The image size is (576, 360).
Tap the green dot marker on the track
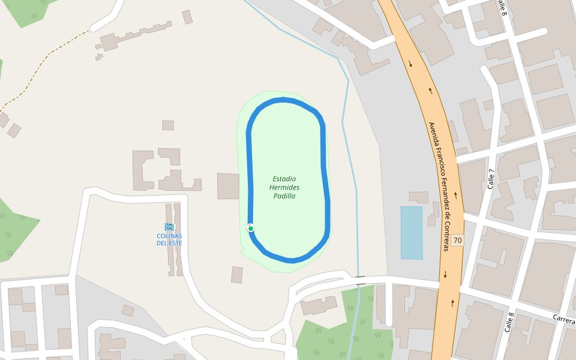coord(251,228)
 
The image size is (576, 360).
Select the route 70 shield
coord(458,240)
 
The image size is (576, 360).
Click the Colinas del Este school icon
coord(169,227)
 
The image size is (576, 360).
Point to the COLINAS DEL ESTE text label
coord(169,239)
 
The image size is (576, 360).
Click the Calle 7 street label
coord(492,179)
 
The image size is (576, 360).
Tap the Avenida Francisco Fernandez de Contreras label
coord(439,187)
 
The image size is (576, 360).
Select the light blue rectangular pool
coord(412,233)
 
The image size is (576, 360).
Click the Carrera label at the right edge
coord(564,317)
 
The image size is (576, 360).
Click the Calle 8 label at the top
coord(503,8)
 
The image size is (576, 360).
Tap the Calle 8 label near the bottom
coord(509,322)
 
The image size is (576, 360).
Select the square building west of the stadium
coord(228,186)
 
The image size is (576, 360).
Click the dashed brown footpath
coord(42,66)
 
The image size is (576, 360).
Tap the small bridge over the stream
coord(359,280)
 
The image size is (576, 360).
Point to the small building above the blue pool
coord(419,197)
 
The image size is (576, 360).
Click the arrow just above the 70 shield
coord(455,195)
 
